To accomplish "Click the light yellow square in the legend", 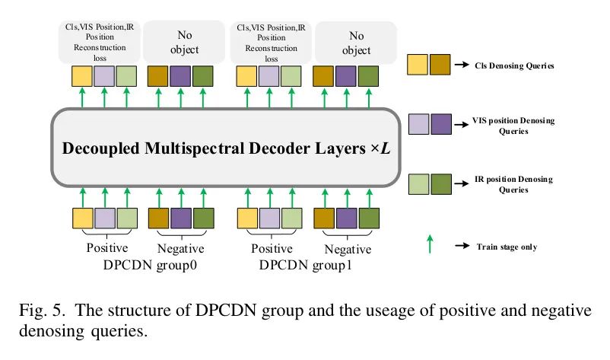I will click(418, 65).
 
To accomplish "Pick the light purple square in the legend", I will click(418, 123).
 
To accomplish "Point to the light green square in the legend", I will click(418, 183).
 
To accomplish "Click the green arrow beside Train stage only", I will click(430, 244).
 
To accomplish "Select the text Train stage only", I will click(507, 247).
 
